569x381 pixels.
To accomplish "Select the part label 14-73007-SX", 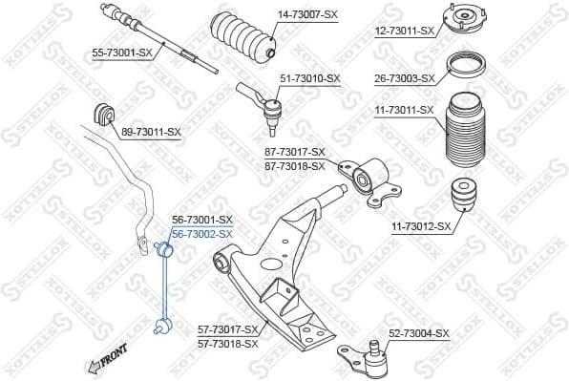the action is click(307, 15).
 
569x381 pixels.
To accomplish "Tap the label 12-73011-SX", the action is click(403, 31).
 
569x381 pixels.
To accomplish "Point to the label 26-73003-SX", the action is click(403, 78).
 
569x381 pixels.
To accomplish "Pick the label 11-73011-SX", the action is click(403, 111).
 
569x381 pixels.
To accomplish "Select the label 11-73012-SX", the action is click(421, 226).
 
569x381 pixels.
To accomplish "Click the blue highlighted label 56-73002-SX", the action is click(201, 233).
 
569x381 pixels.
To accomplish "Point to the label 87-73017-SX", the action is click(295, 153).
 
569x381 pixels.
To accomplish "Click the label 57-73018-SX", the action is click(228, 343).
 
